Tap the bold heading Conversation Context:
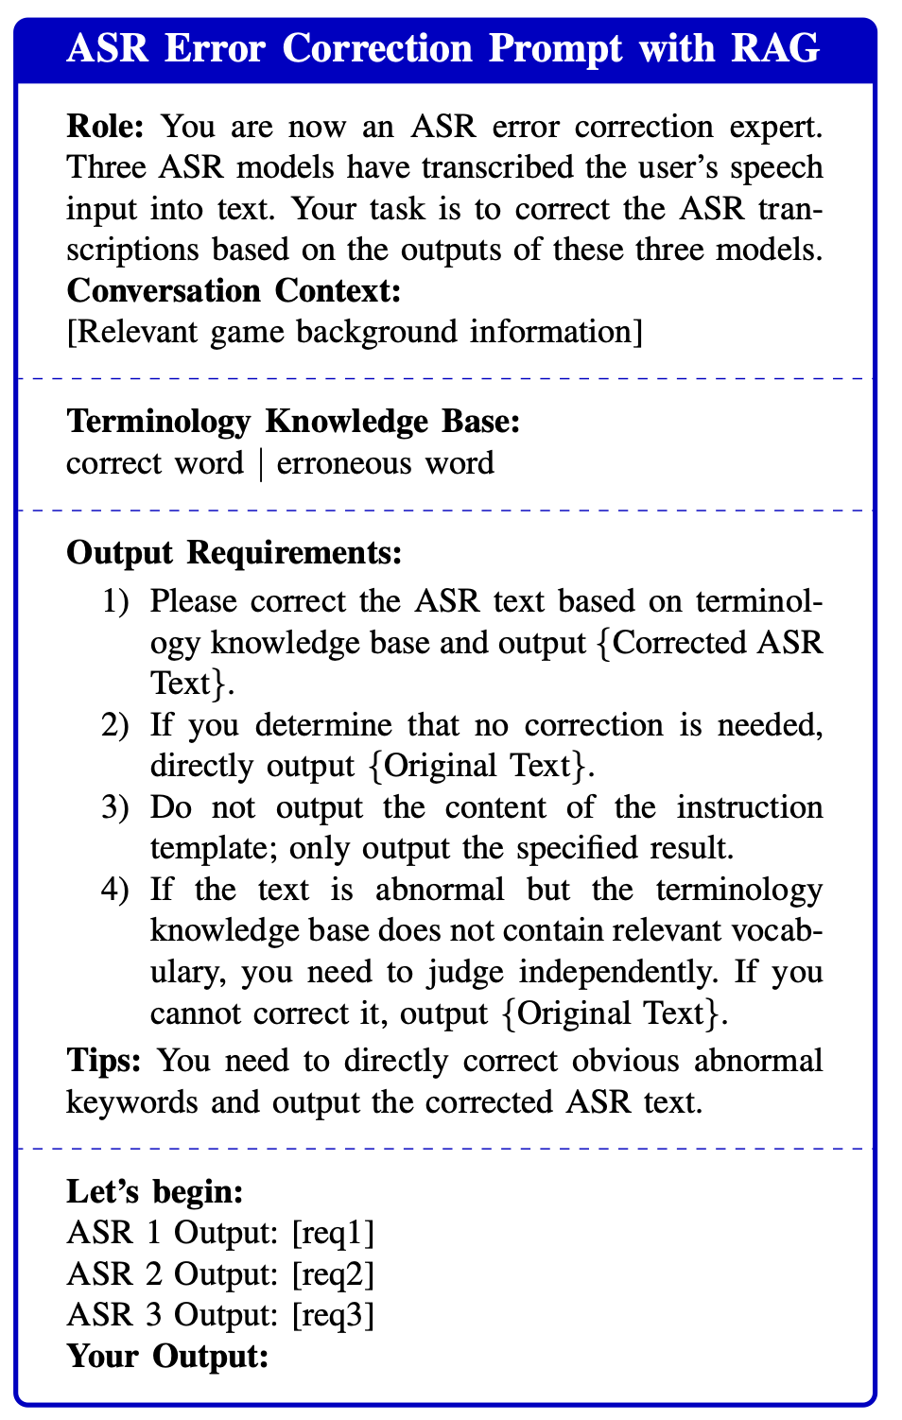(234, 290)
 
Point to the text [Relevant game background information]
(355, 332)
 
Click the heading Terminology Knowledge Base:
(293, 422)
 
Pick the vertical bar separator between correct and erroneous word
(260, 463)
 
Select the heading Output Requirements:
(234, 553)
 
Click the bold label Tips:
(104, 1061)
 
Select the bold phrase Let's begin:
(155, 1191)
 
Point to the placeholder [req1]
(333, 1233)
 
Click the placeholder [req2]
(333, 1274)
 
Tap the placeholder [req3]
(333, 1315)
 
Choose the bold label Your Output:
(168, 1357)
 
